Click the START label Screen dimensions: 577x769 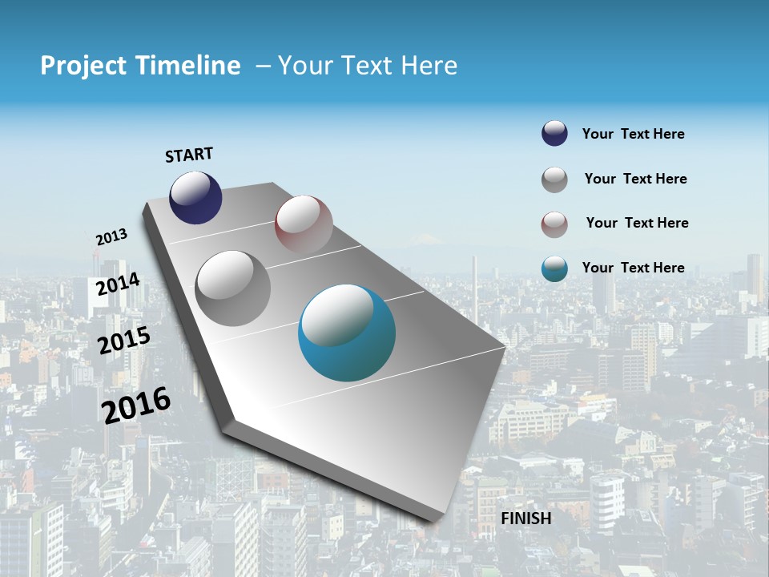(189, 155)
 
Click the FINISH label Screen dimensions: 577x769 (526, 518)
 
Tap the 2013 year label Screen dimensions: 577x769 (111, 237)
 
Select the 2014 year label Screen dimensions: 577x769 (118, 284)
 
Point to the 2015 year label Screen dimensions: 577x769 (124, 341)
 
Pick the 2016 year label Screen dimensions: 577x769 (136, 405)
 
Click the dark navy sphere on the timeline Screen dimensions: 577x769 (195, 197)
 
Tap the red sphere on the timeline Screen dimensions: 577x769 (304, 224)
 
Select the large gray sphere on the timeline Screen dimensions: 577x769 (233, 288)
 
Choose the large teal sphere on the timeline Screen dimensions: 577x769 (347, 333)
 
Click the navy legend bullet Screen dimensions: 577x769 (554, 134)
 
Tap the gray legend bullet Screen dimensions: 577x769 (554, 180)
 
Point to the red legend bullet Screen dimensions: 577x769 (554, 224)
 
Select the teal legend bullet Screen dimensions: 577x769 (554, 269)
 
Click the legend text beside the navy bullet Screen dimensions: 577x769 (633, 134)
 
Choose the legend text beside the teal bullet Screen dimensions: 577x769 (633, 268)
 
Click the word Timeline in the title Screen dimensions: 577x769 (191, 66)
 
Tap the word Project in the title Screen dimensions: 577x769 (83, 66)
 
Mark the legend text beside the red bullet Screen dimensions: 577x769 (637, 223)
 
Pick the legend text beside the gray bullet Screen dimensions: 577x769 (635, 179)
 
